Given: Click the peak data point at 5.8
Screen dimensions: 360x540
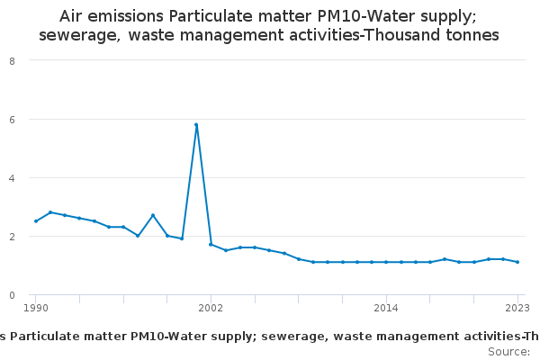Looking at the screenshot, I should [196, 125].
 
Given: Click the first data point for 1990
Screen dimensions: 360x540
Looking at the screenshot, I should [36, 221].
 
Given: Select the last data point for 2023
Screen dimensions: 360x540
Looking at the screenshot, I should [517, 262].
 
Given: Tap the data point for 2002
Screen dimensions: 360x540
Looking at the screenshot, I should [211, 245].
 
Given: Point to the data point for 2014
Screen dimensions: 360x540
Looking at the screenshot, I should [386, 262].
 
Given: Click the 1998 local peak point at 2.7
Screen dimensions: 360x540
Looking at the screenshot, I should [153, 215].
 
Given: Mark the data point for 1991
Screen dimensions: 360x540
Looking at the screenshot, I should [50, 212].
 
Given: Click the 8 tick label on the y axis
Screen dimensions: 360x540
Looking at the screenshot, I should [11, 60].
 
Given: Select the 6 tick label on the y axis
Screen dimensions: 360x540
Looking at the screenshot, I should [11, 119].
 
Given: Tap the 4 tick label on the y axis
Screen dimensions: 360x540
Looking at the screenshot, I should [11, 177].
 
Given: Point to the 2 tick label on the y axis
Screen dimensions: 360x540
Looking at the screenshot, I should [11, 236].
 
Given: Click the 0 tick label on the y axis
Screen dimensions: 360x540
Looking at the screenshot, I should [11, 294].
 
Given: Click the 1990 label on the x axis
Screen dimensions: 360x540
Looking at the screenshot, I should [36, 308].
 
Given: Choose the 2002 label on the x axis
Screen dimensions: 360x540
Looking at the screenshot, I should [211, 308].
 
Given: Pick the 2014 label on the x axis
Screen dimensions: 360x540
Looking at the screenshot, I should [386, 308].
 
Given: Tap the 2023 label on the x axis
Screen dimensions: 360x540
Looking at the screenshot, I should [517, 308].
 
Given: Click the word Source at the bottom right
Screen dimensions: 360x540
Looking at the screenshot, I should [508, 351].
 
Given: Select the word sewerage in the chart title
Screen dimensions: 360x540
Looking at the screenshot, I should [77, 35].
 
